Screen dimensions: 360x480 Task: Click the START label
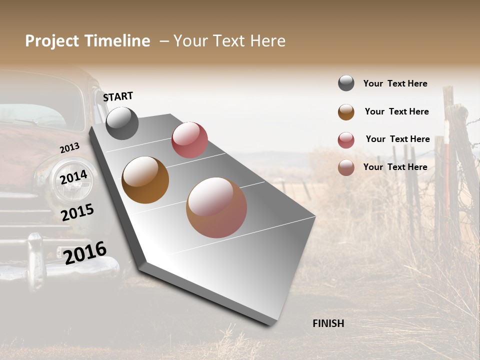(118, 96)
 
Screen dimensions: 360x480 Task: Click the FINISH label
(328, 323)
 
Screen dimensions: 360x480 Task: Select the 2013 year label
(69, 148)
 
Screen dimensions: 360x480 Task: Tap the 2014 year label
(73, 177)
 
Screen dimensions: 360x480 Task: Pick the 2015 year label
(77, 212)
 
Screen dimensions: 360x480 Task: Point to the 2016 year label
(85, 252)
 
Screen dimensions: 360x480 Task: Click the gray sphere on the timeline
(122, 123)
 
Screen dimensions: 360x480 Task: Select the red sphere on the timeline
(189, 139)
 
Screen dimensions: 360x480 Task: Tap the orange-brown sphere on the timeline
(145, 180)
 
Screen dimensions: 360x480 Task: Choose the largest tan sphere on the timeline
(216, 207)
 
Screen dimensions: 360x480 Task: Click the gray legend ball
(346, 83)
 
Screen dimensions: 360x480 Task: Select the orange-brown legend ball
(346, 112)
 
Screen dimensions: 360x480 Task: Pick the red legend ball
(346, 140)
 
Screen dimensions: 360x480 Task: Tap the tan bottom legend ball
(346, 167)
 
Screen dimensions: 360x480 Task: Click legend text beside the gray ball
(395, 83)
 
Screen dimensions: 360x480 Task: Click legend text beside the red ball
(397, 139)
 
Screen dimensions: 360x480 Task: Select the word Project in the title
(52, 41)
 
